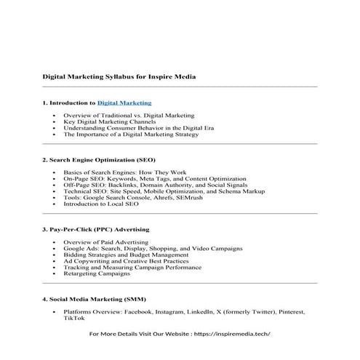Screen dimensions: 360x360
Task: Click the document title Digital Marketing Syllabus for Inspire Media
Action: tap(118, 76)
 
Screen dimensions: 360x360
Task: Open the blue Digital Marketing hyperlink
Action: tap(124, 103)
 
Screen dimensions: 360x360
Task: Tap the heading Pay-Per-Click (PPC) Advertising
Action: tap(100, 228)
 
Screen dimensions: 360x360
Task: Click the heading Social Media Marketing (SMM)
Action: tap(95, 299)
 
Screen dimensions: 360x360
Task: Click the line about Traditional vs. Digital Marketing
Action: tap(129, 116)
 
